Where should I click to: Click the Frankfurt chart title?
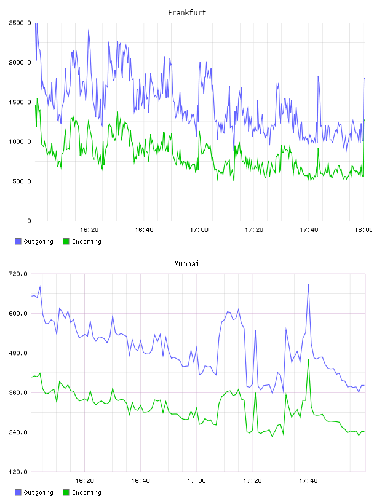[187, 13]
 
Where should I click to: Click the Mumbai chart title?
[186, 264]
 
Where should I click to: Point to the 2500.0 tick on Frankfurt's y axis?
[20, 23]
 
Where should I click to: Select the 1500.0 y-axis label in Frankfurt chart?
[20, 102]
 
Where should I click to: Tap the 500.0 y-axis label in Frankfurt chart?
[22, 181]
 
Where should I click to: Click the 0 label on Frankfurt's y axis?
[29, 221]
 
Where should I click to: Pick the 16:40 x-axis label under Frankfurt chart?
[144, 230]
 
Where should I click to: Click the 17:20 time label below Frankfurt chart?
[254, 230]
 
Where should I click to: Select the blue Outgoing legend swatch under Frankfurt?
[18, 241]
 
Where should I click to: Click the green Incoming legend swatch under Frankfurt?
[66, 241]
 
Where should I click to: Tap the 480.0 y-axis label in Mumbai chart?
[18, 353]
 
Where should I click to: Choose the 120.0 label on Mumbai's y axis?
[18, 472]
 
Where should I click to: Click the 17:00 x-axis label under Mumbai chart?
[196, 481]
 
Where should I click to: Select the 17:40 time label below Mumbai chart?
[308, 481]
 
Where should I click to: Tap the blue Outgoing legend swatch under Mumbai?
[18, 492]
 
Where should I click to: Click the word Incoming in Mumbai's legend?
[87, 493]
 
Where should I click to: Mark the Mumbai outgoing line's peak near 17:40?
[308, 284]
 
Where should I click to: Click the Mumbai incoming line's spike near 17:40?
[308, 360]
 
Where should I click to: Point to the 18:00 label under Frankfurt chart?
[363, 230]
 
